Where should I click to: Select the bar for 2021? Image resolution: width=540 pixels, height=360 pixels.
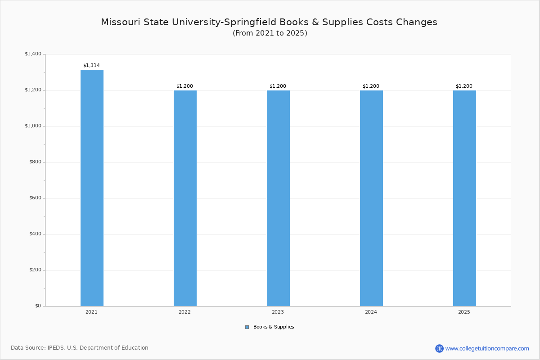(92, 188)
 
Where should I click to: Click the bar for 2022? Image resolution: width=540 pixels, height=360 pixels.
(185, 198)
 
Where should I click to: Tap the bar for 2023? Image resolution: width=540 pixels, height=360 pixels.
(278, 198)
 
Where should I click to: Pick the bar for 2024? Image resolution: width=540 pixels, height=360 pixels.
(371, 198)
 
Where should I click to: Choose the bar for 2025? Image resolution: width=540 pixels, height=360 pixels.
(464, 198)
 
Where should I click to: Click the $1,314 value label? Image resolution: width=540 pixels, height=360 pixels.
(91, 65)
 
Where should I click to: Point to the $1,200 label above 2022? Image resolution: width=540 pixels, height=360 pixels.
(184, 86)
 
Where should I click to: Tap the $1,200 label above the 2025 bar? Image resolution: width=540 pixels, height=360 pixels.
(464, 86)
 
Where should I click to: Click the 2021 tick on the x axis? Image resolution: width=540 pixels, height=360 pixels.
(91, 312)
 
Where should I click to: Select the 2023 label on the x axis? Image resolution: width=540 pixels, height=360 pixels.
(278, 312)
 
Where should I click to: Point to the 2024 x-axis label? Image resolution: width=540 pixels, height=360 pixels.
(371, 312)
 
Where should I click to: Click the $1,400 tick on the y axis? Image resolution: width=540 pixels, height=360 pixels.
(33, 54)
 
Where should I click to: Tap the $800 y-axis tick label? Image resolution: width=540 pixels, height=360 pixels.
(35, 162)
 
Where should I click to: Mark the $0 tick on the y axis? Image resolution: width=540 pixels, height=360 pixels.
(37, 306)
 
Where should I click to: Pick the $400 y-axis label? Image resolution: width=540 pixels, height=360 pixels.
(35, 234)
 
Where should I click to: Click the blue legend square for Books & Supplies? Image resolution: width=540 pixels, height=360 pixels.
(247, 327)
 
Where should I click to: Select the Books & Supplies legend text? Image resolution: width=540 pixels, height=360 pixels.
(274, 327)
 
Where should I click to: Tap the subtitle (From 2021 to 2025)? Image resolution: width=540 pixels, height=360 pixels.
(270, 33)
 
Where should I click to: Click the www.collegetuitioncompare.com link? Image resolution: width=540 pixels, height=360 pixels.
(487, 348)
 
